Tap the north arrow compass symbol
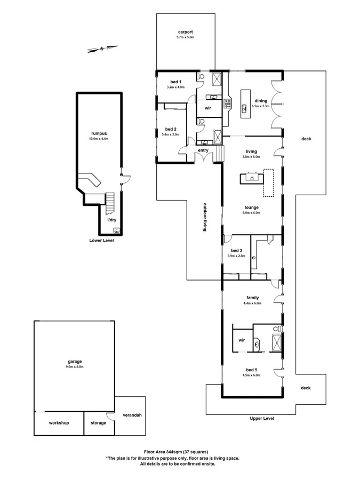[101, 50]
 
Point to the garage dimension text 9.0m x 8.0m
[75, 367]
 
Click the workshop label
[59, 423]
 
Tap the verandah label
[132, 415]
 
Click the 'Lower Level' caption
[101, 241]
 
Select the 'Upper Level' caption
[261, 419]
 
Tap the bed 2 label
[171, 129]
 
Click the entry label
[203, 150]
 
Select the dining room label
[261, 101]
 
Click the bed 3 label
[237, 251]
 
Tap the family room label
[252, 298]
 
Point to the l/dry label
[111, 219]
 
